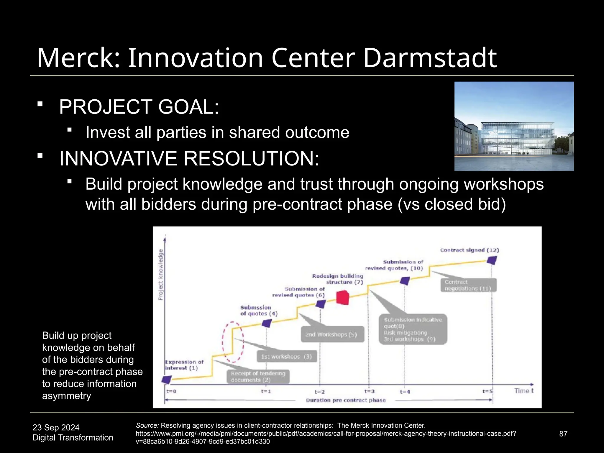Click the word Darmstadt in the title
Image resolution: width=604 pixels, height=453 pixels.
coord(430,58)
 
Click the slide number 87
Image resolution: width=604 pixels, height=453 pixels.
coord(563,434)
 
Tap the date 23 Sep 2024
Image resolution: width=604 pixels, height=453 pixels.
coord(56,427)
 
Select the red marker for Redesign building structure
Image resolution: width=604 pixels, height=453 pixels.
coord(343,297)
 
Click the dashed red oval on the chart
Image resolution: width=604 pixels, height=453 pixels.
coord(233,342)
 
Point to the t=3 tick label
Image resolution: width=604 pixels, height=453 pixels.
coord(369,391)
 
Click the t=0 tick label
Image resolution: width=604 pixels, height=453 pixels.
coord(171,391)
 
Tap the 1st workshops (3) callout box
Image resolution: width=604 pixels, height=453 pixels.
coord(287,357)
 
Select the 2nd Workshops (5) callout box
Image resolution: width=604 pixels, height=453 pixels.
coord(332,334)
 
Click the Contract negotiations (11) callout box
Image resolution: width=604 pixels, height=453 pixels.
coord(468,285)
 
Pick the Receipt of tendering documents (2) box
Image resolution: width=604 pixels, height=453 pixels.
coord(258,377)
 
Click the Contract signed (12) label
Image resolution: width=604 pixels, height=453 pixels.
coord(470,250)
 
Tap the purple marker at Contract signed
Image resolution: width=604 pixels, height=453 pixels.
coord(492,260)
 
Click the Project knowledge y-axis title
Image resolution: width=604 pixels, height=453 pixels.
coord(160,275)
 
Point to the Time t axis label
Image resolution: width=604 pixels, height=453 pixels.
coord(524,391)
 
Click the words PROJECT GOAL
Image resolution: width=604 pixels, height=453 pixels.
coord(139,107)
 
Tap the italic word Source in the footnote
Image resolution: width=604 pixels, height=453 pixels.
coord(147,425)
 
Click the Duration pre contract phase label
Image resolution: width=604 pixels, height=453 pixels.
coord(346,400)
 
